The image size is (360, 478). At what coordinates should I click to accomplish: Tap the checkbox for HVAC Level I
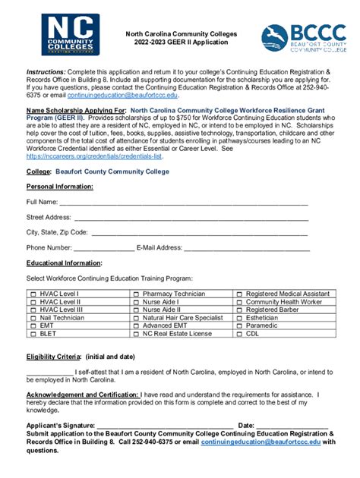coord(33,294)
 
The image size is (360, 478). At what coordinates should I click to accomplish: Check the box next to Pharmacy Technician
coord(136,294)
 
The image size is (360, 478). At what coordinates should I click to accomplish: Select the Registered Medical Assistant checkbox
coord(239,294)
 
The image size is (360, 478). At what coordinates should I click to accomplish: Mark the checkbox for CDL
coord(239,334)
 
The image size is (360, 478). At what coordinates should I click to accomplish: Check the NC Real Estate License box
coord(136,334)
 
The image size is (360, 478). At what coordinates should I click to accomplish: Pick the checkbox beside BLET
coord(33,334)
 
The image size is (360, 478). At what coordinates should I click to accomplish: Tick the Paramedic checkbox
coord(239,325)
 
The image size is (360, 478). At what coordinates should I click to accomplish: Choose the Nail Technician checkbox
coord(33,318)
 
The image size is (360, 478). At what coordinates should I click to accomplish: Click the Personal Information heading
coord(59,187)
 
